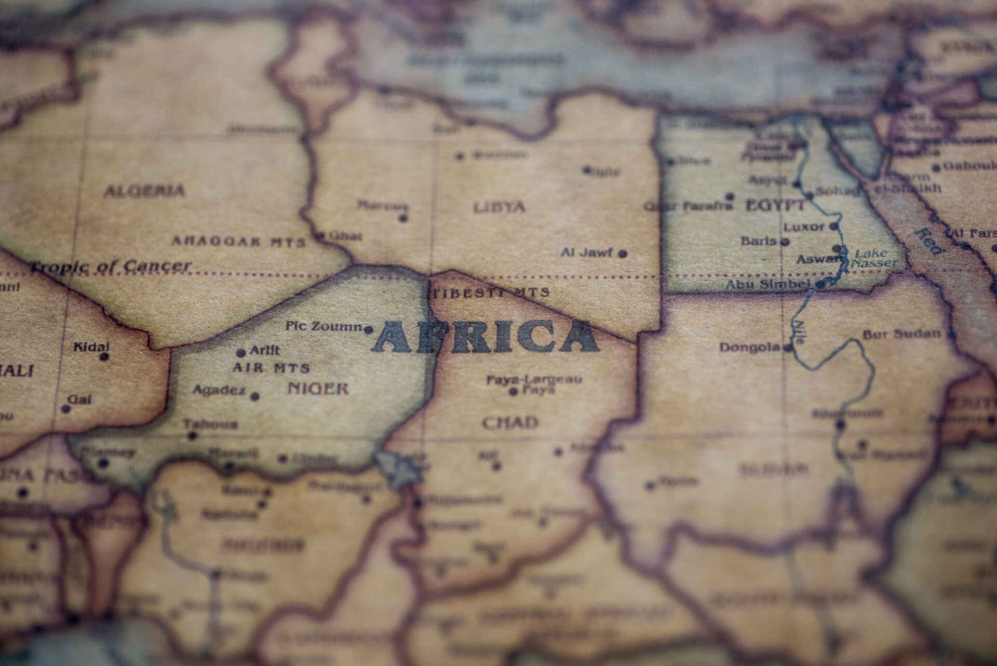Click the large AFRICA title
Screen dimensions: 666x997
click(x=486, y=337)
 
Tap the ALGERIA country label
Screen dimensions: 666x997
click(x=144, y=191)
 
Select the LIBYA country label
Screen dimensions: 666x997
click(x=499, y=207)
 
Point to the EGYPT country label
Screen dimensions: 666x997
click(x=775, y=206)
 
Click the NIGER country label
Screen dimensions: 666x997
click(x=318, y=389)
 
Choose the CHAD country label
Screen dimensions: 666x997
click(x=510, y=422)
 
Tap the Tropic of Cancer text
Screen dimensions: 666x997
click(x=111, y=267)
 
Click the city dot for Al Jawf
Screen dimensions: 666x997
click(x=623, y=254)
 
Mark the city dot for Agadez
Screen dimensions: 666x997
click(x=255, y=396)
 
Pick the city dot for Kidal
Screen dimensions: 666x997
click(x=104, y=357)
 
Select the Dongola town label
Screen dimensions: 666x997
click(x=750, y=347)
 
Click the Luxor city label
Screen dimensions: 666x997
click(x=804, y=227)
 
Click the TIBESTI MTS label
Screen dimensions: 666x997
click(x=490, y=292)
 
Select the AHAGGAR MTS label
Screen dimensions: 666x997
click(x=238, y=242)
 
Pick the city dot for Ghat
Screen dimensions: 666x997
click(x=321, y=235)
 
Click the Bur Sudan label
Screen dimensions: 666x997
click(x=901, y=334)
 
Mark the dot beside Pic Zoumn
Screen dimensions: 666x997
click(x=369, y=329)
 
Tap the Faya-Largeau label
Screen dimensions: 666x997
click(x=534, y=380)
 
